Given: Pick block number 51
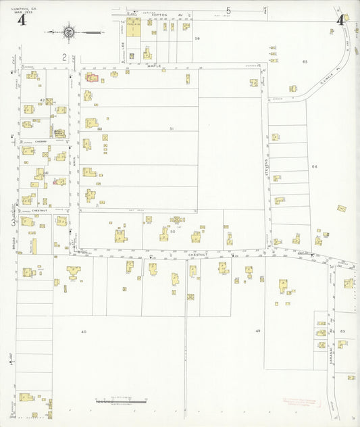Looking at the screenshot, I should coord(172,128).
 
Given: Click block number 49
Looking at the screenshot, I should coord(257,330).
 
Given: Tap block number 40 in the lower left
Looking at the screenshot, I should coord(84,332).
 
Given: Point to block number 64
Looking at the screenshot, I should coord(313,166).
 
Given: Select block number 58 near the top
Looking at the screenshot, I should coord(198,39).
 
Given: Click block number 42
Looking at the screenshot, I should coord(42,100).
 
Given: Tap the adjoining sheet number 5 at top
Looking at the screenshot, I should coord(229,10).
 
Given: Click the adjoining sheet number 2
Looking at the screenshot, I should coord(64,57).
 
